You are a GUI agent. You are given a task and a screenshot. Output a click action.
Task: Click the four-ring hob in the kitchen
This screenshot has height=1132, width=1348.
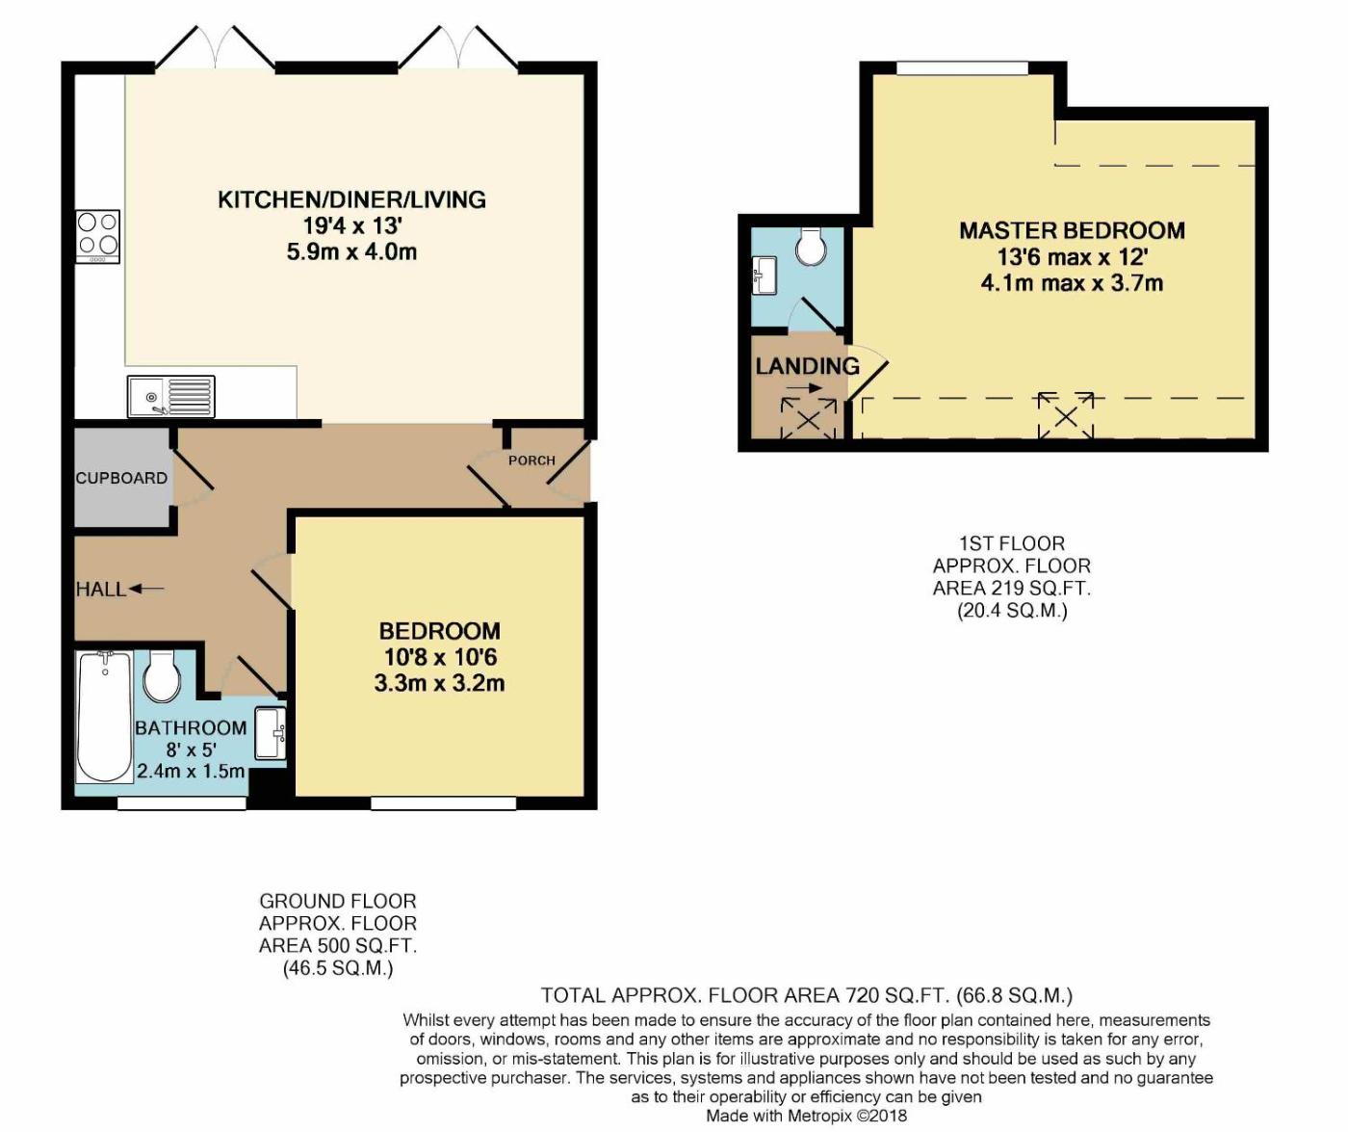pyautogui.click(x=97, y=236)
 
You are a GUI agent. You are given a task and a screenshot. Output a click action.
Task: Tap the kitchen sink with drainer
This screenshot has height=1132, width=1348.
pyautogui.click(x=171, y=396)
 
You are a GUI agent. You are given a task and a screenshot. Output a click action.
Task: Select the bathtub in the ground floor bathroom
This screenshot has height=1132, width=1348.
pyautogui.click(x=105, y=717)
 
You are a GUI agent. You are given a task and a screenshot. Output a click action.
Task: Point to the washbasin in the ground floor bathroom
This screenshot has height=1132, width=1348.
pyautogui.click(x=271, y=733)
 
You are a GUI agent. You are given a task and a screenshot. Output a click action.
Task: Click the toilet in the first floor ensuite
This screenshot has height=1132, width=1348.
pyautogui.click(x=812, y=246)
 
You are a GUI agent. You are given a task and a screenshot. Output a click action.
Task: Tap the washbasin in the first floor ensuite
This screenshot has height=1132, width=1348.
pyautogui.click(x=764, y=276)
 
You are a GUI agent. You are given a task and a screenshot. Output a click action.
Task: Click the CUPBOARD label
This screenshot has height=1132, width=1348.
pyautogui.click(x=121, y=478)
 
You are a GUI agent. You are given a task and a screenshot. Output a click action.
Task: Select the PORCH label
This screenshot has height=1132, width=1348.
pyautogui.click(x=531, y=461)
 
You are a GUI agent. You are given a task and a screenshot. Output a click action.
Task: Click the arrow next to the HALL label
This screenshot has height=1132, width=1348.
pyautogui.click(x=147, y=589)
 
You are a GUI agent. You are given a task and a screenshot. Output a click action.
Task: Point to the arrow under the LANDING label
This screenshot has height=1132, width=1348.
pyautogui.click(x=805, y=388)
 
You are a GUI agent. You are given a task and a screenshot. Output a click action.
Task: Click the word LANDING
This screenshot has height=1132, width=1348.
pyautogui.click(x=808, y=366)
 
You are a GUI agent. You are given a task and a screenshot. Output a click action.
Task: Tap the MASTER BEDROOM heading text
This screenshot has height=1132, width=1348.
pyautogui.click(x=1072, y=230)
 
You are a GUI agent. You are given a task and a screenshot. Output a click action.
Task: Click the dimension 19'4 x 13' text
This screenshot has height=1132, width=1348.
pyautogui.click(x=353, y=225)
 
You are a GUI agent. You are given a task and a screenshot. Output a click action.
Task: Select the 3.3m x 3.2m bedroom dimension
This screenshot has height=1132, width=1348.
pyautogui.click(x=440, y=683)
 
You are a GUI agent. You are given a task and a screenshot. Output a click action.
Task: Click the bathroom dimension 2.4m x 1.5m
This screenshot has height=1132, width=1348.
pyautogui.click(x=191, y=771)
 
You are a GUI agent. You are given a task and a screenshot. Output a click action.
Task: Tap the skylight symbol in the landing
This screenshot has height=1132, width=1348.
pyautogui.click(x=808, y=419)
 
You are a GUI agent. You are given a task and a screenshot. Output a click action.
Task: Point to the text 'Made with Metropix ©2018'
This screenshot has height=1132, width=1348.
pyautogui.click(x=806, y=1116)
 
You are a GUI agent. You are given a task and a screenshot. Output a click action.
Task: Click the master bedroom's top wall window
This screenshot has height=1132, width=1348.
pyautogui.click(x=963, y=67)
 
